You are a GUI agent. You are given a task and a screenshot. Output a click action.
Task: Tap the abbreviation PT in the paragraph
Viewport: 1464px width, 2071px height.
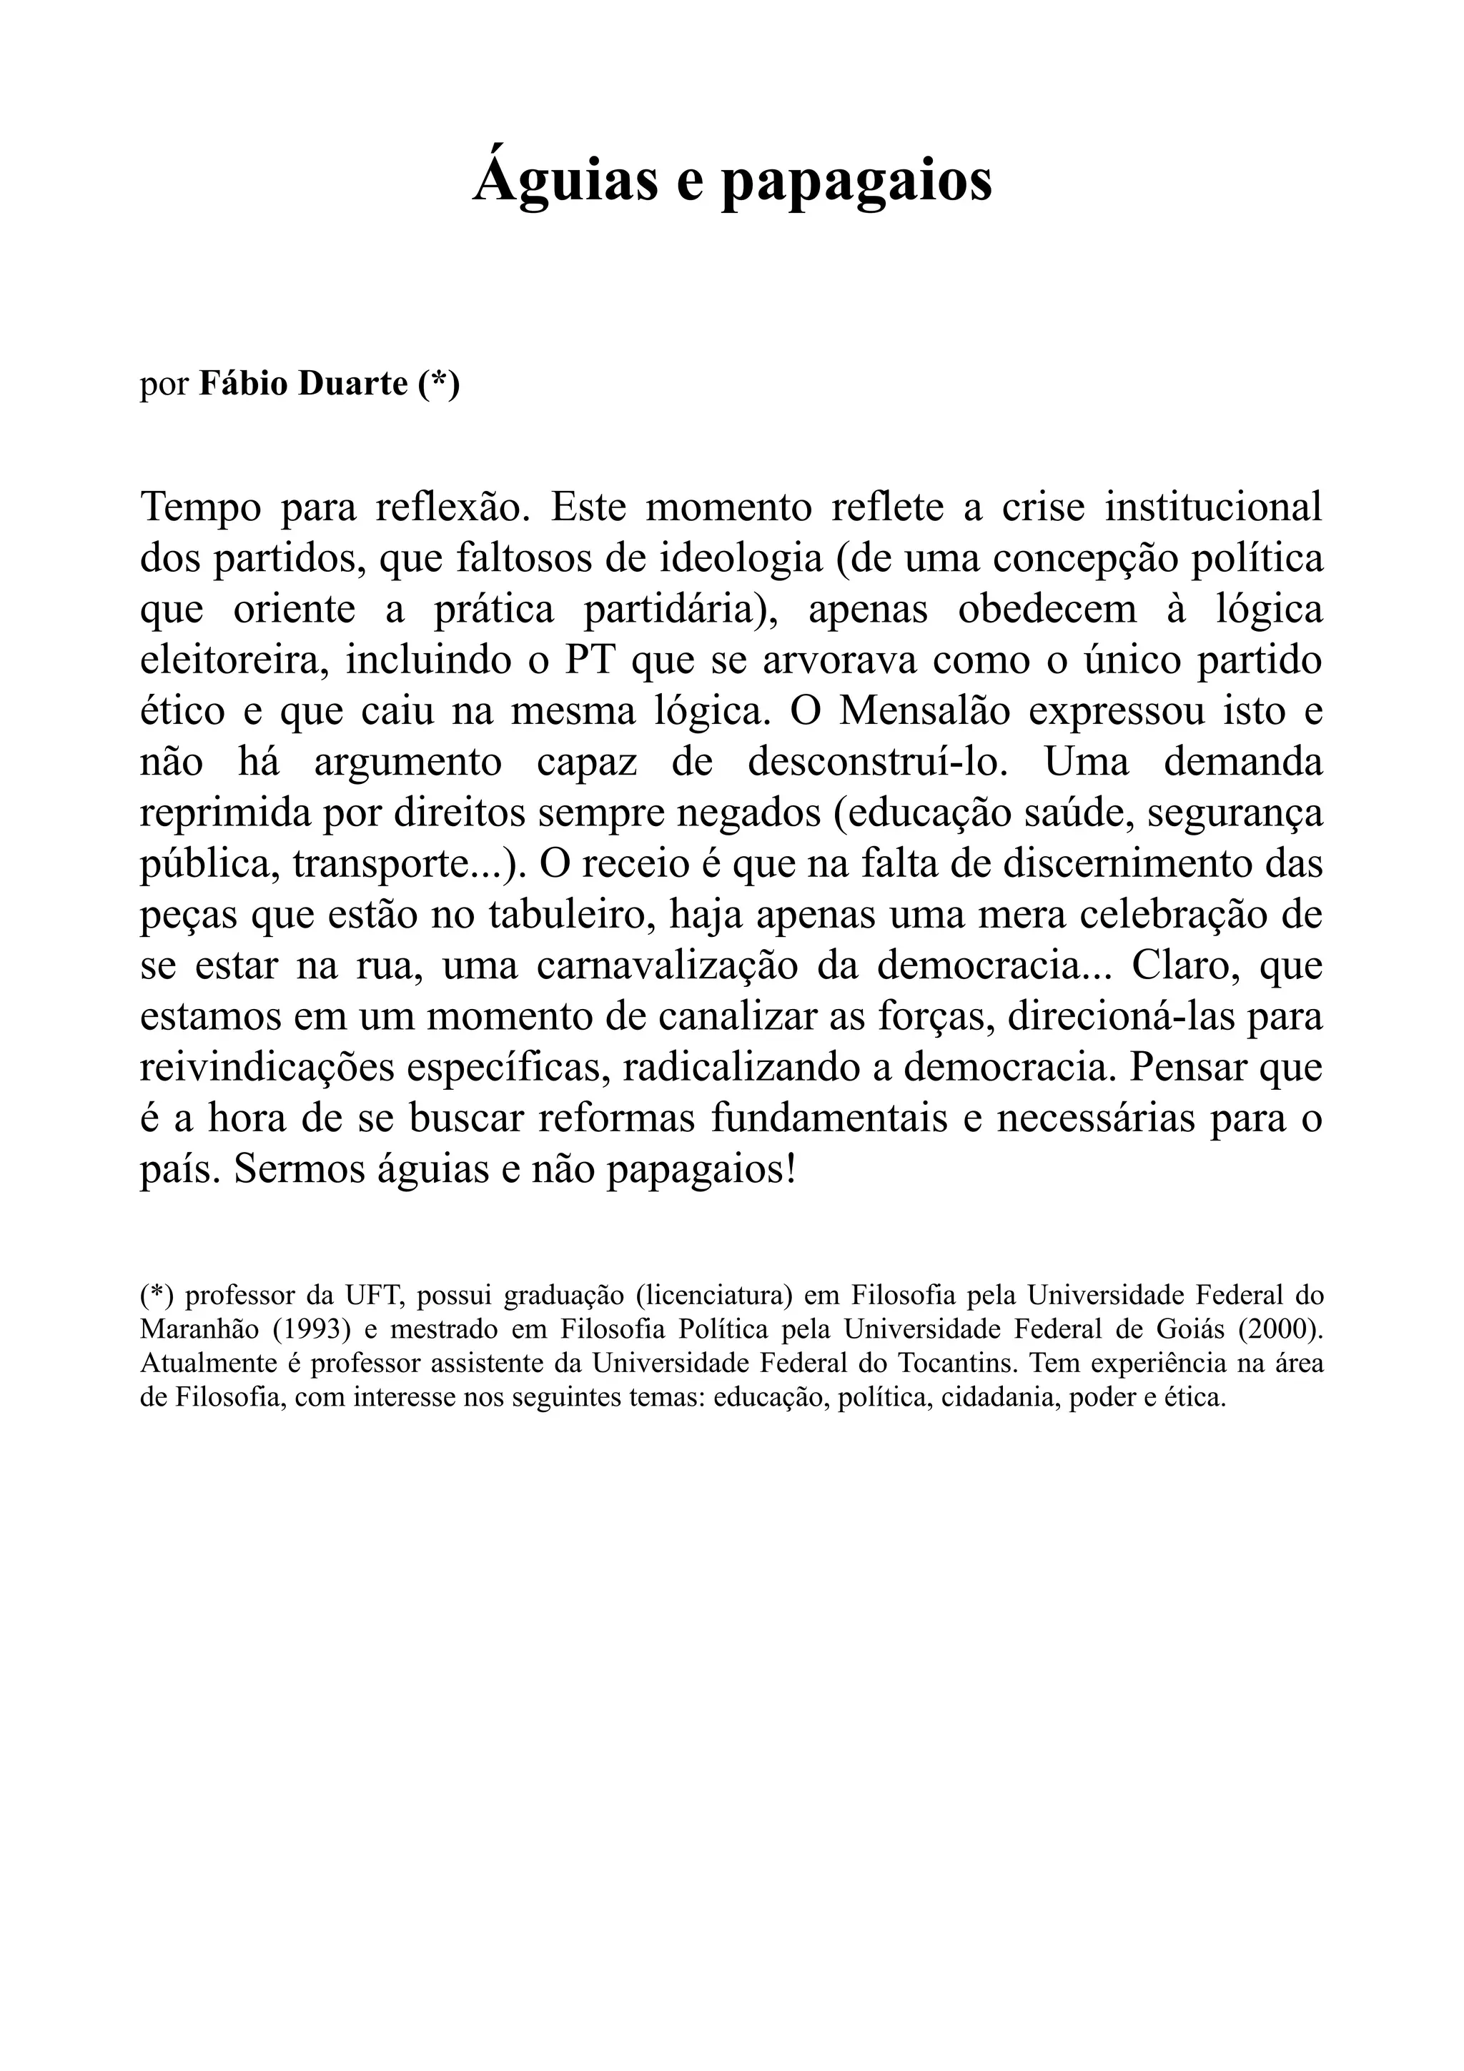(x=590, y=660)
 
